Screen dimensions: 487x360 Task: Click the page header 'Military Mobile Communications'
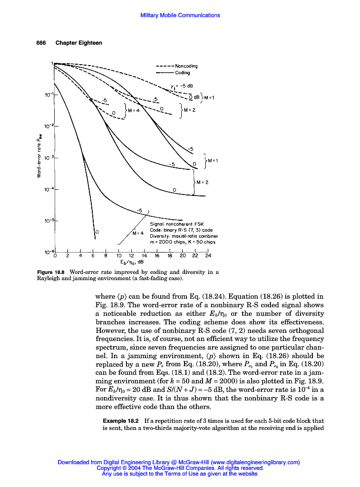click(180, 15)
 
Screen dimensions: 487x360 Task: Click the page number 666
click(41, 43)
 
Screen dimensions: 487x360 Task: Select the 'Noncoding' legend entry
click(186, 66)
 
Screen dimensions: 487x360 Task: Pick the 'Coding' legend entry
click(182, 73)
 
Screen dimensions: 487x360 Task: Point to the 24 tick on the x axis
click(208, 255)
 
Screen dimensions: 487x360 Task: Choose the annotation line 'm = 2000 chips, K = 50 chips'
click(184, 242)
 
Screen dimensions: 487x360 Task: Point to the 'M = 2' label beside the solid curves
click(202, 182)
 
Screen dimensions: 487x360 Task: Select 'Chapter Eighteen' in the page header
click(79, 43)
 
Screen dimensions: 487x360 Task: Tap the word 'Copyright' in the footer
click(109, 468)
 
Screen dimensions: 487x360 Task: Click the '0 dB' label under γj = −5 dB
click(194, 97)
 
